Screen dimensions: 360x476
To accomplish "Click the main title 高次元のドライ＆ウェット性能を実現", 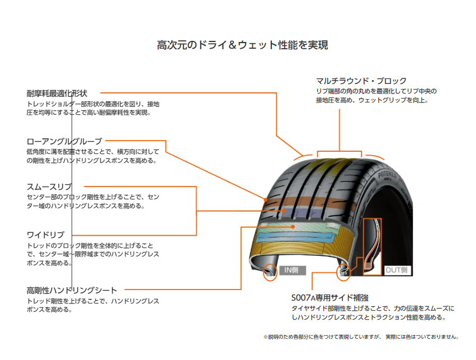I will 242,45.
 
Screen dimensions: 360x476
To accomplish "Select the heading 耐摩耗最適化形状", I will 56,93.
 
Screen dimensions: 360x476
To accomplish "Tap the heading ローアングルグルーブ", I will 64,141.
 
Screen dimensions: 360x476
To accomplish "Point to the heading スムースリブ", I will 49,186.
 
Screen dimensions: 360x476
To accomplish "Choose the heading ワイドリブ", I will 45,235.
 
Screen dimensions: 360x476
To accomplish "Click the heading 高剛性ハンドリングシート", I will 72,290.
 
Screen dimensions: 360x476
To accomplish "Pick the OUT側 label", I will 397,270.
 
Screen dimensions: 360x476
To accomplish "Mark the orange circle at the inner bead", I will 270,272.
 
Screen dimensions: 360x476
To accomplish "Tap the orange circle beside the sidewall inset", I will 343,273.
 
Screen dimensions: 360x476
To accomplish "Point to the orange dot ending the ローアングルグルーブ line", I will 266,199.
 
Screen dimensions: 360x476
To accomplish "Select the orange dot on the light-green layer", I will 293,226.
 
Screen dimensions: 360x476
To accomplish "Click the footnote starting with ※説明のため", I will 361,337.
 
